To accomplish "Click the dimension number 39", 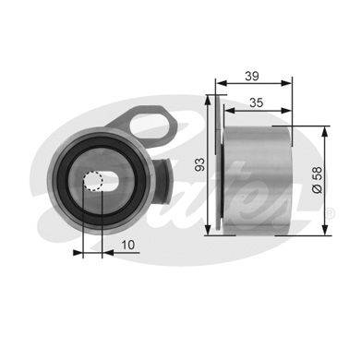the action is click(x=252, y=76).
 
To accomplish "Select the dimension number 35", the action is click(x=257, y=102).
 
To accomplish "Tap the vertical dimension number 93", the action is click(x=200, y=164).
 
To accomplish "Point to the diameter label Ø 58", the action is click(x=317, y=180).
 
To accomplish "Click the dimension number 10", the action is click(x=128, y=245).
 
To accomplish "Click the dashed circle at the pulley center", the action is click(x=92, y=181).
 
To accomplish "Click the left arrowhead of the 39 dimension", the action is click(x=221, y=83).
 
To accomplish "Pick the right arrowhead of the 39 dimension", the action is click(x=286, y=83).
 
